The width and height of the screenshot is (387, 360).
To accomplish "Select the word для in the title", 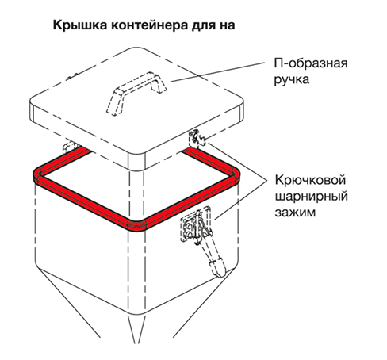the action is [201, 26].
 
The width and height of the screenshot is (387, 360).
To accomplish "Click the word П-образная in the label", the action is [311, 63].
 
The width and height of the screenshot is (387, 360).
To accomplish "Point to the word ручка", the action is [291, 79].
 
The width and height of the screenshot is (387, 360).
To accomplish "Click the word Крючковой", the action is [310, 180].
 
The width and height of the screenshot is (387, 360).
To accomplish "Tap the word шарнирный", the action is [311, 197].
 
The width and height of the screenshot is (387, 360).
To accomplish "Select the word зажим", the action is [295, 213].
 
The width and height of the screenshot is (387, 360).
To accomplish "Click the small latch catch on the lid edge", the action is [197, 138].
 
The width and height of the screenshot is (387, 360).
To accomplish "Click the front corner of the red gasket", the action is [136, 226].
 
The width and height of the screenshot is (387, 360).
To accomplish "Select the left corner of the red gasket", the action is [39, 174].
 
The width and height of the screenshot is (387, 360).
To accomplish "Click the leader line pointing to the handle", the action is [217, 72].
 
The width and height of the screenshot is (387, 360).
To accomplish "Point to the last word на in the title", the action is [226, 26].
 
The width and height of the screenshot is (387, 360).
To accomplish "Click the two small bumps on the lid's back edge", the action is [72, 76].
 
